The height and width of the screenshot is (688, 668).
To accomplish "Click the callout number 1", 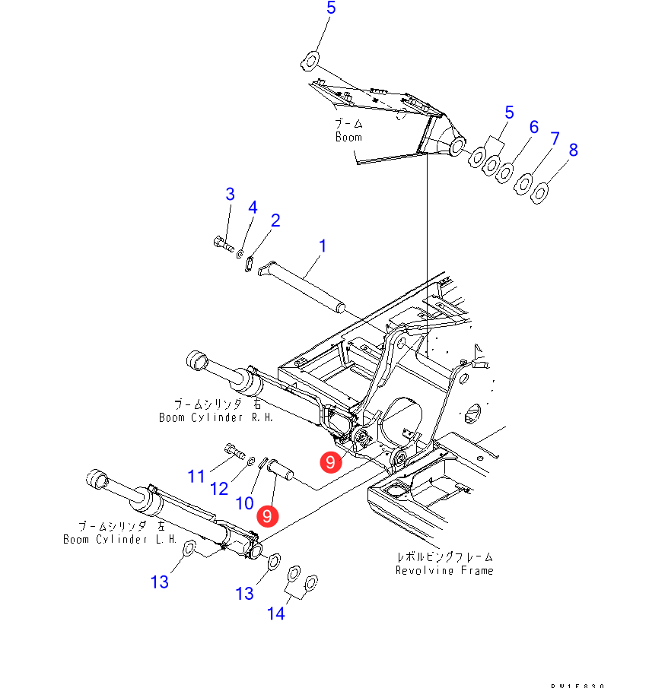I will click(323, 246).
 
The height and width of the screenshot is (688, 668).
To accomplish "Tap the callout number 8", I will click(573, 150).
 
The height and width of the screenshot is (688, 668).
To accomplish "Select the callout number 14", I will click(275, 613).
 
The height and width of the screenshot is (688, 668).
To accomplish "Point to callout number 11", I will click(197, 477).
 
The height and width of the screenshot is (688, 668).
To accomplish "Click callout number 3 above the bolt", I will click(230, 194).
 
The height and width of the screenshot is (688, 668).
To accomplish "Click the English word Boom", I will click(348, 138).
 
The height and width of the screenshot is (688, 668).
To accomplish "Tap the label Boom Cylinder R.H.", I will click(215, 417).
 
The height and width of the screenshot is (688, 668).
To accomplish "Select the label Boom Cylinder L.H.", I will click(120, 539).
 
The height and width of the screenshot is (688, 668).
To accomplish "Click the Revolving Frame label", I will click(444, 570).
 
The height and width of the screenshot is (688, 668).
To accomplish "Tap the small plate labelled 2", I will click(249, 263).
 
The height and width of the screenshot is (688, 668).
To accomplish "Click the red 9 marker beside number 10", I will click(267, 516).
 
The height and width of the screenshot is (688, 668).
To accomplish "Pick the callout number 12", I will click(219, 488).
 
